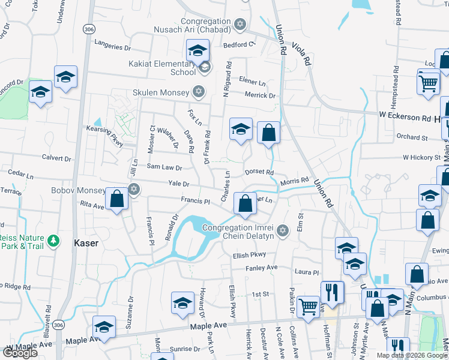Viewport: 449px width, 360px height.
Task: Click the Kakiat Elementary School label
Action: tap(163, 67)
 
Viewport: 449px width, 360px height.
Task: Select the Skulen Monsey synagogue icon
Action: tap(199, 92)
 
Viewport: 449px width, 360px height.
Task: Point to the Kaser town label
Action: tap(85, 243)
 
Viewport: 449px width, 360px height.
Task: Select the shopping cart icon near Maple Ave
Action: tap(309, 307)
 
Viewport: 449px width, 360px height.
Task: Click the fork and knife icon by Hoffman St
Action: tap(332, 293)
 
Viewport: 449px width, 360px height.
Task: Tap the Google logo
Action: tap(20, 353)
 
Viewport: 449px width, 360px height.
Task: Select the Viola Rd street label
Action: tap(301, 52)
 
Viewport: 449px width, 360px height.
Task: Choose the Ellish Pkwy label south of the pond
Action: tap(250, 255)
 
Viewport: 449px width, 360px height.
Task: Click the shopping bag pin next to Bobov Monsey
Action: tap(117, 199)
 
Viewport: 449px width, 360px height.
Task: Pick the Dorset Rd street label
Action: tap(259, 172)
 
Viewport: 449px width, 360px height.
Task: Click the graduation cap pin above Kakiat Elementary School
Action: tap(197, 51)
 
